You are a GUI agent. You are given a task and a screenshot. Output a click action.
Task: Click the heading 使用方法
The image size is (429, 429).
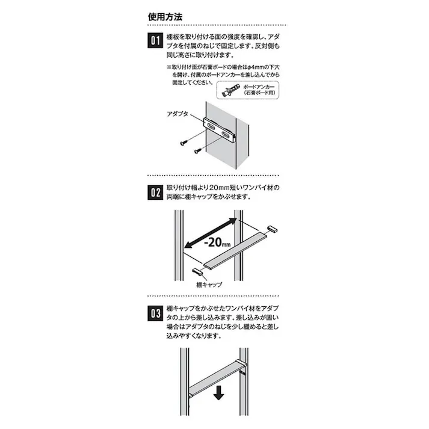pyautogui.click(x=166, y=16)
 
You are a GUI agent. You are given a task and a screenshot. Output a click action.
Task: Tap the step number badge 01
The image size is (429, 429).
pyautogui.click(x=154, y=43)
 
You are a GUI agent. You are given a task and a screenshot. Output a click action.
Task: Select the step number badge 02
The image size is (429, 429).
pyautogui.click(x=154, y=193)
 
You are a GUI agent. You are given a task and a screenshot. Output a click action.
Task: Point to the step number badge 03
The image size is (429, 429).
pyautogui.click(x=154, y=313)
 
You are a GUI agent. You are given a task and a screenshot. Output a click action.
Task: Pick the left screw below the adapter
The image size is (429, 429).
pyautogui.click(x=183, y=142)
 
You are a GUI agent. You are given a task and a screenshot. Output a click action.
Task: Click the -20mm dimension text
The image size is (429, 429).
pyautogui.click(x=217, y=243)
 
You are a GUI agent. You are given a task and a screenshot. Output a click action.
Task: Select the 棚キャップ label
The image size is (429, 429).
pyautogui.click(x=209, y=283)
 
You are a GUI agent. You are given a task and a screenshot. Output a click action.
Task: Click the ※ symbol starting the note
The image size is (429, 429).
pyautogui.click(x=169, y=67)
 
